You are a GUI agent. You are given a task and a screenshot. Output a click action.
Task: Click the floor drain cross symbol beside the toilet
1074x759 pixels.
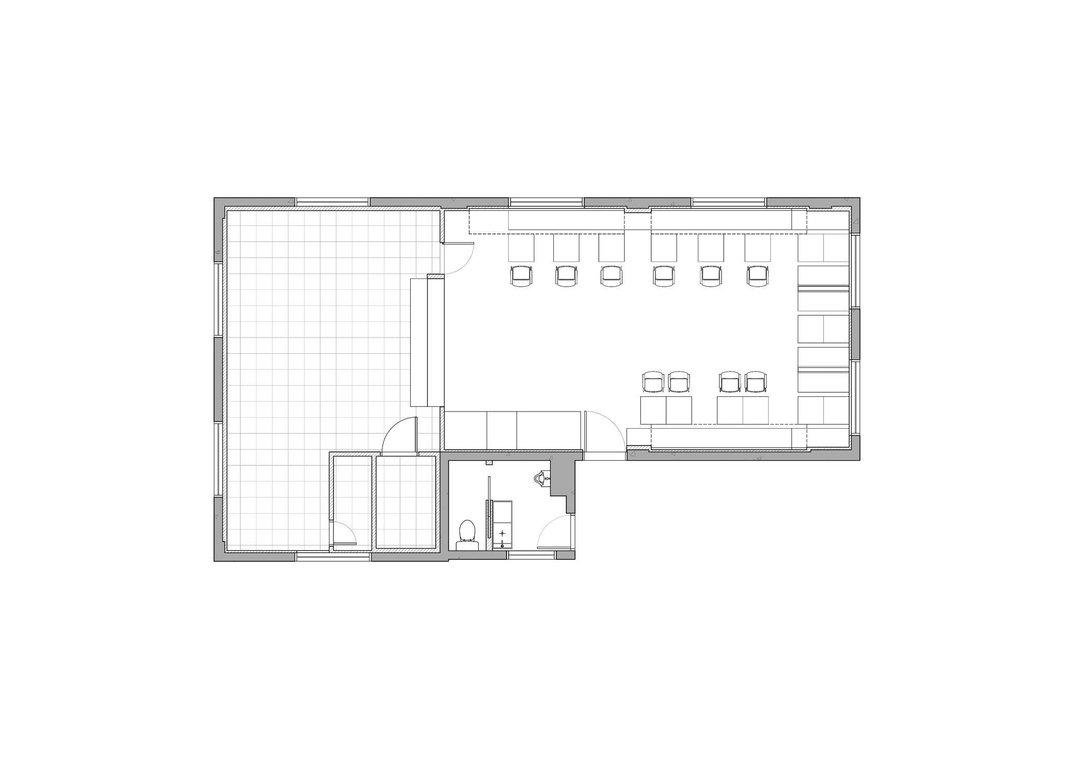502,534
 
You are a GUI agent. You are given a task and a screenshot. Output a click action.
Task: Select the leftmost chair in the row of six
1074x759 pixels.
521,276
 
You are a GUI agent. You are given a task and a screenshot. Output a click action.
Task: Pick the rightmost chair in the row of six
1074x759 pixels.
757,276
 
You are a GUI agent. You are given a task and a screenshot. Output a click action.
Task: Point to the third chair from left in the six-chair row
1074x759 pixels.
611,276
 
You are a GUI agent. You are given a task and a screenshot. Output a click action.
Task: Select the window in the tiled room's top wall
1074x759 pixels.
332,202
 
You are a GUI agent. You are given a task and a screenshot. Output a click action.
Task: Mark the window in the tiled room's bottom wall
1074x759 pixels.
333,556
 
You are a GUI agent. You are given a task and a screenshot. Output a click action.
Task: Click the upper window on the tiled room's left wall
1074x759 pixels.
217,299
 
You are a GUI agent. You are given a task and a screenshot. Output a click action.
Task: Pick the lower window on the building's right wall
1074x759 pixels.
856,398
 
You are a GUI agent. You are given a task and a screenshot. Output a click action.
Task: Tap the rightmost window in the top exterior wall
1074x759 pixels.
729,202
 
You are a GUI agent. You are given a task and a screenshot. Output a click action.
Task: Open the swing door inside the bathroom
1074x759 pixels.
555,532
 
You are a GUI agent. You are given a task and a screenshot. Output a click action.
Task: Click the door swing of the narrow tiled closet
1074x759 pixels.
344,534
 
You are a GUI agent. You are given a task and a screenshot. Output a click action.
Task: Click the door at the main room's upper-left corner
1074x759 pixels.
458,259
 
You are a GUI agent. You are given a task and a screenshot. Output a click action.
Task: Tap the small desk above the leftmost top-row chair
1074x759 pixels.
521,247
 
